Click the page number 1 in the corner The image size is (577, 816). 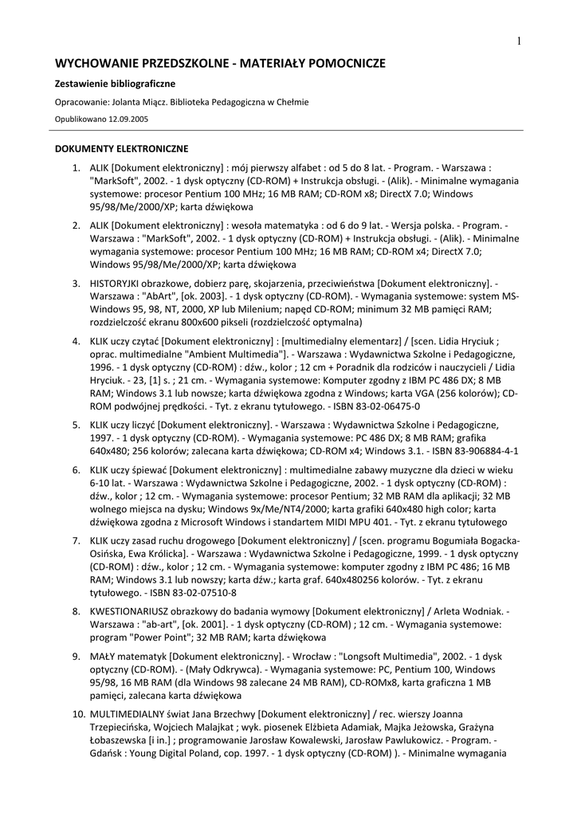[x=519, y=41]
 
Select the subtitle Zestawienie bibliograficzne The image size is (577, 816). [x=115, y=83]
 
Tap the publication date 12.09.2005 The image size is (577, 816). [x=128, y=118]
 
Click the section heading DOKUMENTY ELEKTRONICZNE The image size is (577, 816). [x=121, y=148]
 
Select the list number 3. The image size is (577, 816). [x=76, y=283]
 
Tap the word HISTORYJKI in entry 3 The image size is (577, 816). [x=117, y=283]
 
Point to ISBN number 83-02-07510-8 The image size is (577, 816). [x=198, y=593]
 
